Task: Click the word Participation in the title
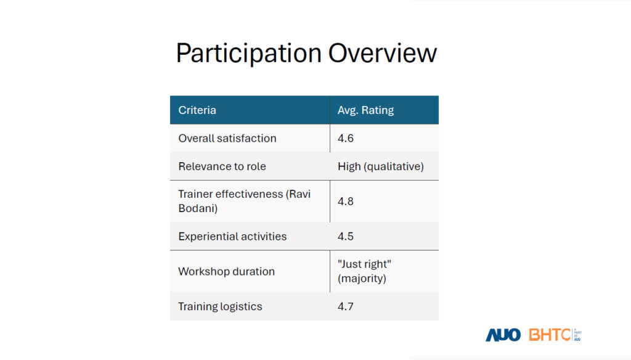(249, 54)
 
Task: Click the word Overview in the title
(382, 53)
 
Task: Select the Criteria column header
(197, 110)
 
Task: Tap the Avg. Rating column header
(365, 110)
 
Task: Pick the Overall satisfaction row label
(227, 138)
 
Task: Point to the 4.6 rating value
(345, 138)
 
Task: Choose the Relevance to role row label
(222, 166)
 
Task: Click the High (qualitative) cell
(381, 166)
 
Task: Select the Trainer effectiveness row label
(244, 201)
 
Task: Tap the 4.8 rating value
(345, 202)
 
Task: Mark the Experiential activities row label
(232, 236)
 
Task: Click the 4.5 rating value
(345, 236)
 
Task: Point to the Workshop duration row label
(227, 271)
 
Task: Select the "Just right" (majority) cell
(364, 271)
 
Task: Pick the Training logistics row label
(220, 306)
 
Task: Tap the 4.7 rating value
(345, 306)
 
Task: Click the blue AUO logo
(503, 335)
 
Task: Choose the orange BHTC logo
(550, 335)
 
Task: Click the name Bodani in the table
(198, 208)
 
